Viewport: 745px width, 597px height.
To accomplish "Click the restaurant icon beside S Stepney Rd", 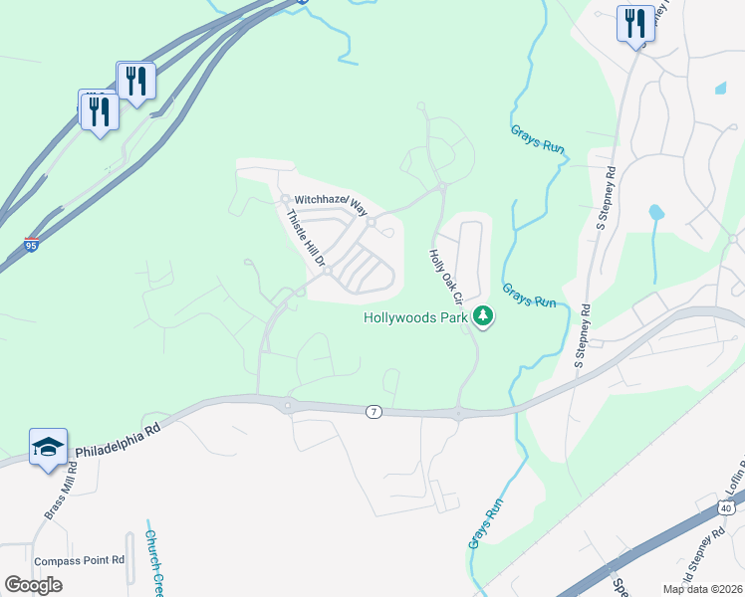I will coord(634,23).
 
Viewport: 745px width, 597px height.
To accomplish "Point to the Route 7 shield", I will coord(372,412).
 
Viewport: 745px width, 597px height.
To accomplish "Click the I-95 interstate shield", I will coord(33,245).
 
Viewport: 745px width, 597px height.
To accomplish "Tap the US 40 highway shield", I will coord(726,508).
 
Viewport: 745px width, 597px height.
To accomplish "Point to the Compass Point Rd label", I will coord(79,560).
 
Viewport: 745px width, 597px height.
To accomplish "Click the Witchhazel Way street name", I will coord(330,202).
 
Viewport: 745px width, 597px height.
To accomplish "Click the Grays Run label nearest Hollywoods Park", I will coord(530,295).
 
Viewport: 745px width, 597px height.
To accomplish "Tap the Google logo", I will coord(33,585).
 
